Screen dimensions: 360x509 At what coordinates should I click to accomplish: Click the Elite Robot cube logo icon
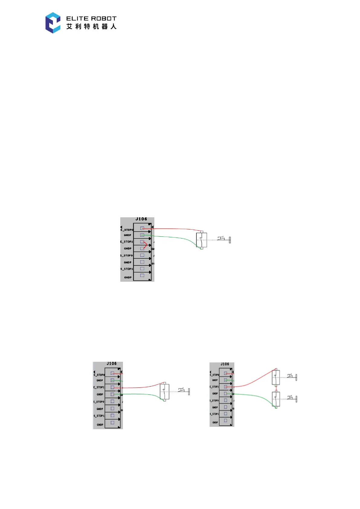point(53,23)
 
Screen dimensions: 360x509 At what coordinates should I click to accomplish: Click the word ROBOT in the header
point(104,18)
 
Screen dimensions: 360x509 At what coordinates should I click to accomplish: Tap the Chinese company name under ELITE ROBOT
point(91,27)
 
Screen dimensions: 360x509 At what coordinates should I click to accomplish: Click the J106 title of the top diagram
point(141,219)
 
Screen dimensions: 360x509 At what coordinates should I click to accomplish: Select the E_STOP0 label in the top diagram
point(127,230)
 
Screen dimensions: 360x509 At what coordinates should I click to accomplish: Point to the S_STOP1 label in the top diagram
point(127,269)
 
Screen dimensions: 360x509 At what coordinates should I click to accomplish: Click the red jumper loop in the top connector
point(145,245)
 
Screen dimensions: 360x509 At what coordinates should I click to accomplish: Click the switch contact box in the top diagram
point(201,240)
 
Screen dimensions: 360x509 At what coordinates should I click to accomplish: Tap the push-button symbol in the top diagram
point(224,240)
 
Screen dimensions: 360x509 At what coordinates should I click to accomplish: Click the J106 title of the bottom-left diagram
point(112,364)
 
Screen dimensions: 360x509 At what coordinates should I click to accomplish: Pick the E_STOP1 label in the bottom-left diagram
point(99,387)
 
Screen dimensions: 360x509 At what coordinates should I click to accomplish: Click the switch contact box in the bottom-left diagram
point(164,392)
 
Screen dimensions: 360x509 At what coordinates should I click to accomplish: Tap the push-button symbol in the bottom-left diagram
point(184,391)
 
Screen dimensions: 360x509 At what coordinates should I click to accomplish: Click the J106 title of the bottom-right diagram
point(225,364)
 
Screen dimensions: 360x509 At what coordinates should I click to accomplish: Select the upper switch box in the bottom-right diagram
point(276,377)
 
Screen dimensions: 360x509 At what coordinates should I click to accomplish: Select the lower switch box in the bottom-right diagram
point(276,399)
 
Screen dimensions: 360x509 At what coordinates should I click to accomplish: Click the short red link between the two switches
point(276,388)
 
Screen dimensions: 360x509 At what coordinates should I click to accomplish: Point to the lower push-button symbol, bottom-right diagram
point(292,399)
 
